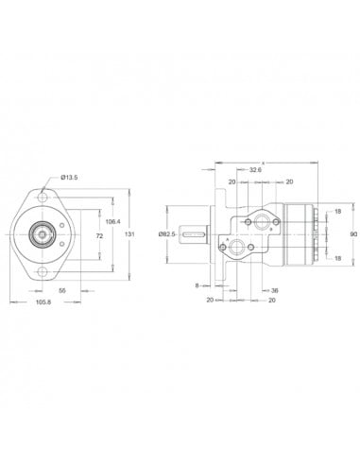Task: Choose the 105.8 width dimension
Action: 43,303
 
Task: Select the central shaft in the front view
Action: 43,232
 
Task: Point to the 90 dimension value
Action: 351,233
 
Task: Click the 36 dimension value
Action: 275,291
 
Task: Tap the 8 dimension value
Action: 197,284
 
